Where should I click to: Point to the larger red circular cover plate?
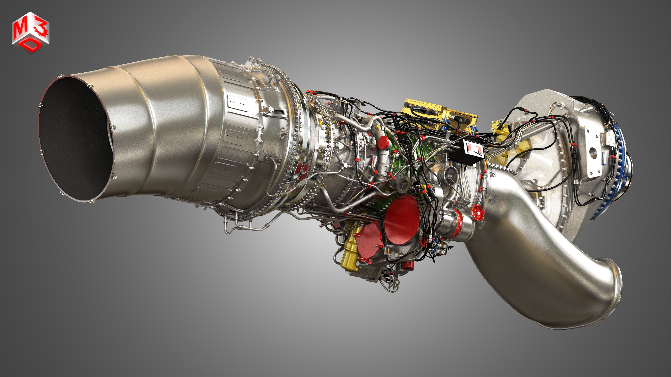(x=402, y=220)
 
